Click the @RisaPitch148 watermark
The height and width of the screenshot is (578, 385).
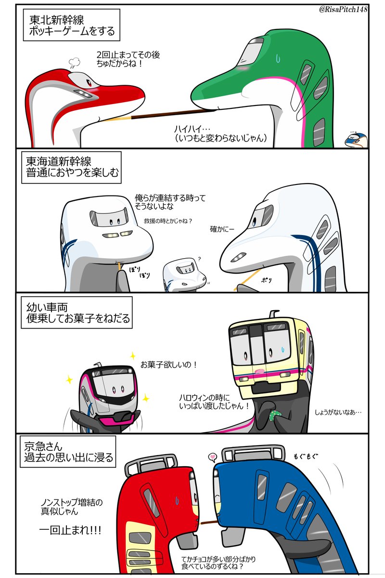[x=343, y=9]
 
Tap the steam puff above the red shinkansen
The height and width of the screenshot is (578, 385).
[x=75, y=63]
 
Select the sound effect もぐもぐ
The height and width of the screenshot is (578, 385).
[x=307, y=455]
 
